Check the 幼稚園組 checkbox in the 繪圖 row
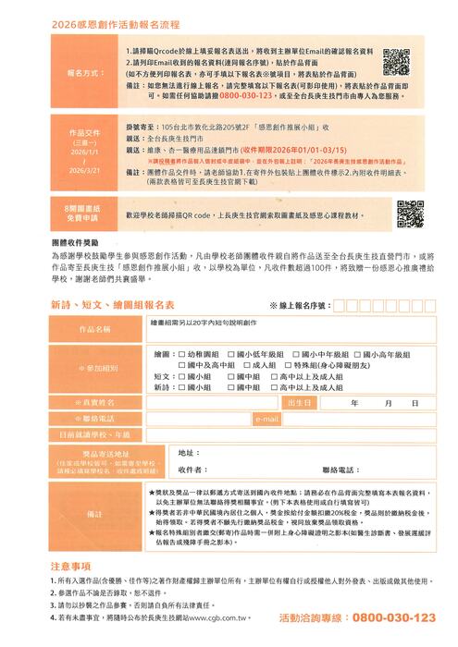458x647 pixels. pos(181,354)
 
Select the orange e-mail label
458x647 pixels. pos(266,419)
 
